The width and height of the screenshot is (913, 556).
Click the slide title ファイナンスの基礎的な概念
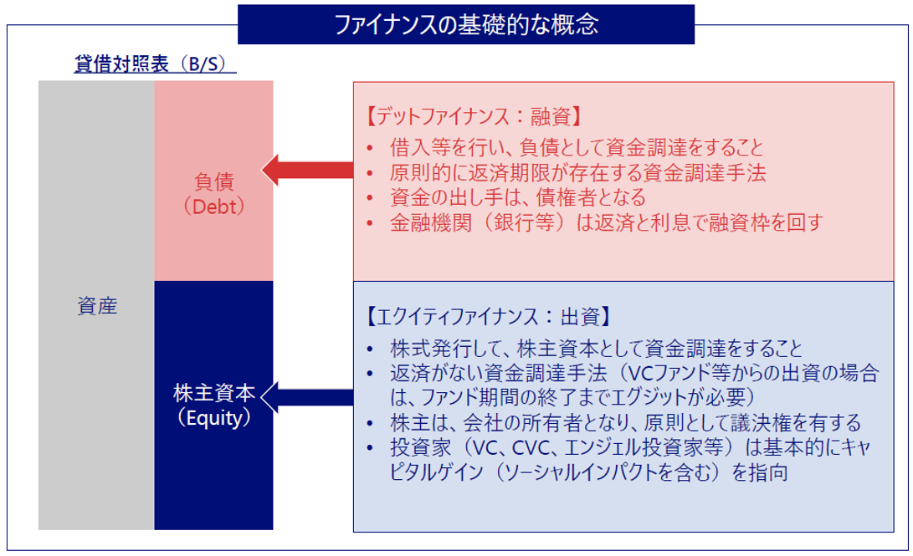pyautogui.click(x=466, y=24)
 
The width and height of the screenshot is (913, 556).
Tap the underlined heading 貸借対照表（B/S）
pyautogui.click(x=155, y=65)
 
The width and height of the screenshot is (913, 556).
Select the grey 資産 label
pyautogui.click(x=96, y=307)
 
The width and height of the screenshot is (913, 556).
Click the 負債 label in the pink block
pyautogui.click(x=213, y=181)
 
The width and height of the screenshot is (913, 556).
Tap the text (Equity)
pyautogui.click(x=213, y=417)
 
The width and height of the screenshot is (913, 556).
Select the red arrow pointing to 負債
pyautogui.click(x=307, y=171)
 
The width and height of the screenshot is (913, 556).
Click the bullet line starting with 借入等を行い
pyautogui.click(x=577, y=148)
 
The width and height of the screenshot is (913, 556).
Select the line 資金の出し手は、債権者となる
pyautogui.click(x=518, y=198)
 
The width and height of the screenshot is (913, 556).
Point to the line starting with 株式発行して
pyautogui.click(x=596, y=348)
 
